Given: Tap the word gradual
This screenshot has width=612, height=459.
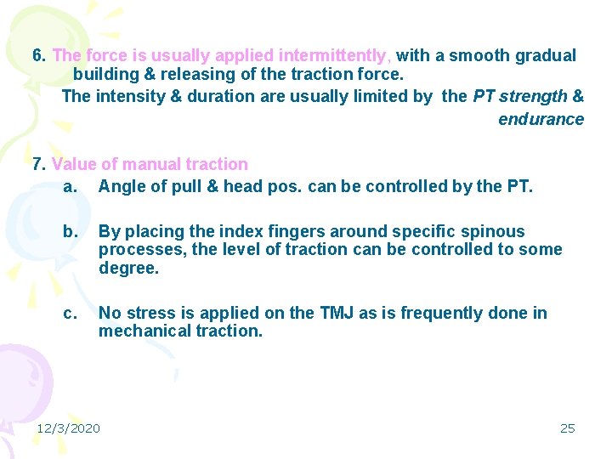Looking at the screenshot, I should click(547, 56).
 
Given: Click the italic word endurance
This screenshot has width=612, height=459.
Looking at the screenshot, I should click(541, 119).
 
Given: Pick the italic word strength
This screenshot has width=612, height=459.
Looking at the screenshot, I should click(533, 96).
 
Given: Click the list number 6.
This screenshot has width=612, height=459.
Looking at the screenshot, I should click(38, 56).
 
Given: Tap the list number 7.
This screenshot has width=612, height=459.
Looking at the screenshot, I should click(38, 164).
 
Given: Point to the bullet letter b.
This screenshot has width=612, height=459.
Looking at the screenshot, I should click(69, 231).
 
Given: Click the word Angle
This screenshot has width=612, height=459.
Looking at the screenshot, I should click(120, 184).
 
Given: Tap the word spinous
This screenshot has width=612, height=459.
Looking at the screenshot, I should click(496, 231).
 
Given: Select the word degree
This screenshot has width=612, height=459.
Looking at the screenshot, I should click(128, 269).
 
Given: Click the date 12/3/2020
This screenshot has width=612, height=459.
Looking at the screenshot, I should click(68, 428).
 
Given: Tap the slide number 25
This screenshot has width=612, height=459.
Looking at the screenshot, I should click(567, 428).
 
